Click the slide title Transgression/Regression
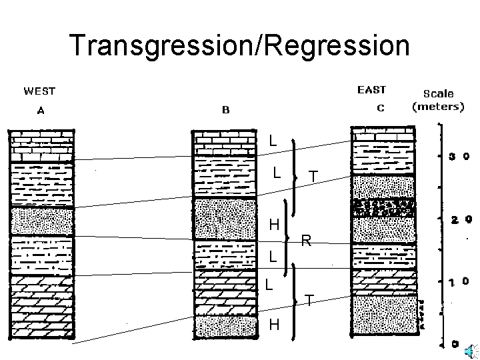[239, 45]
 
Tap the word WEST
[40, 91]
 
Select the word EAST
[371, 89]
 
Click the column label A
[41, 112]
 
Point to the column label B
[225, 110]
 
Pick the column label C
[380, 108]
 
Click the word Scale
[439, 94]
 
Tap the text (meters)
[438, 106]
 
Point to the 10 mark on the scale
[457, 282]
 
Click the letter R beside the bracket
[306, 241]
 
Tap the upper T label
[313, 177]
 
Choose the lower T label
[310, 300]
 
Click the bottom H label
[274, 325]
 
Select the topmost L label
[273, 141]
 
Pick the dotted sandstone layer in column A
[41, 221]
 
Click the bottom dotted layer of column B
[225, 327]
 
